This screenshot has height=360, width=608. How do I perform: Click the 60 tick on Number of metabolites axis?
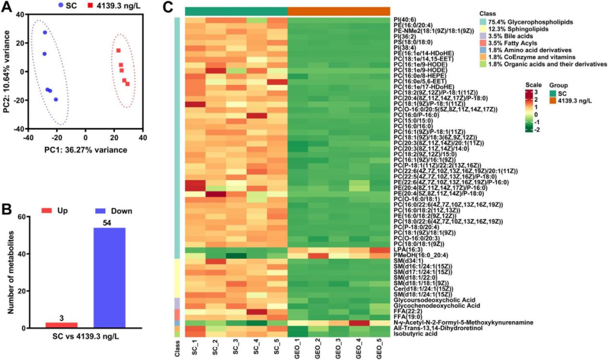23,217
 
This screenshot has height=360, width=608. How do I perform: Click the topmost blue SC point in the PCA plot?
45,33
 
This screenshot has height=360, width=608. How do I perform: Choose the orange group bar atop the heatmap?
338,11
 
